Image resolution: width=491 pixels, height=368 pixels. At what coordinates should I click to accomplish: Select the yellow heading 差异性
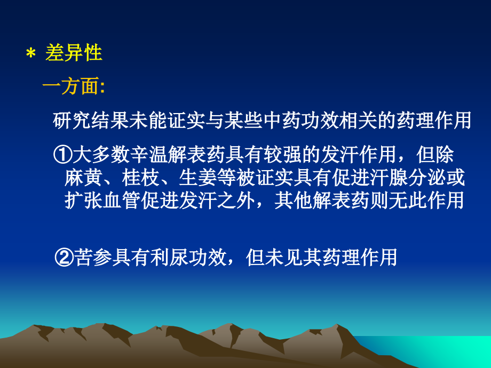pos(74,54)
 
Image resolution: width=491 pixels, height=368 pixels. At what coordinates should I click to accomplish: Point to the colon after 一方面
pos(102,89)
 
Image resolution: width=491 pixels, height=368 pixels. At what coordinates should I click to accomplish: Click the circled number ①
pos(62,156)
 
